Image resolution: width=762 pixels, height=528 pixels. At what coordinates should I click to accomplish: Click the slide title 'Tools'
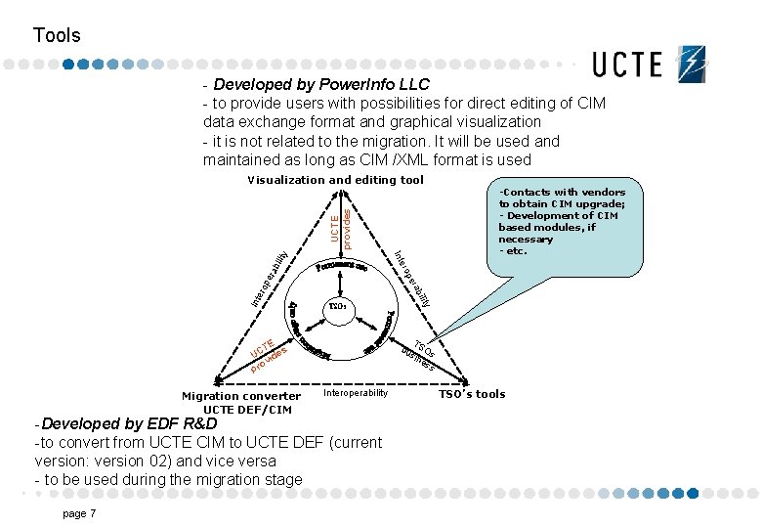[x=57, y=36]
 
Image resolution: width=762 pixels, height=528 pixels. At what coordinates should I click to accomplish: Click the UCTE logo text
[x=627, y=65]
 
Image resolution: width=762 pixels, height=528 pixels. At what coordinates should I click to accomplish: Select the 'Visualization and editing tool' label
[x=335, y=180]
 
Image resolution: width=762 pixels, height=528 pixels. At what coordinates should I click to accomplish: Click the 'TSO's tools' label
[x=472, y=394]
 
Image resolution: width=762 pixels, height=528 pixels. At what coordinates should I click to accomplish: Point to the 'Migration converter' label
[x=241, y=396]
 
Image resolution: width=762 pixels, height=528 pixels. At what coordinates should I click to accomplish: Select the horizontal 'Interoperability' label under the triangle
[x=356, y=393]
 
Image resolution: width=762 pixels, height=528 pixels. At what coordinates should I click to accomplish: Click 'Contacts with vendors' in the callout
[x=562, y=193]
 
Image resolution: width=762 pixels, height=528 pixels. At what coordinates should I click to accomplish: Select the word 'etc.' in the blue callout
[x=515, y=251]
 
